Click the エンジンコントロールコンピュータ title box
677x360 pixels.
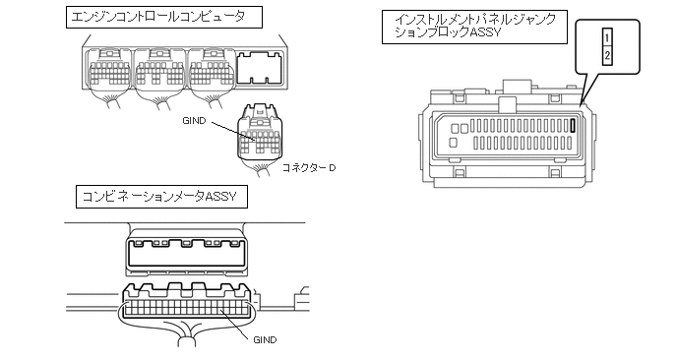point(164,18)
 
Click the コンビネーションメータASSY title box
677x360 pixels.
point(161,197)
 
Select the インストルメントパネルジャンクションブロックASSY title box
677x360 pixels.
point(474,27)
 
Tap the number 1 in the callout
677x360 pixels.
point(607,37)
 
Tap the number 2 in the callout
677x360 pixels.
point(607,55)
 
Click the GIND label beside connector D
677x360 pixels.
point(194,121)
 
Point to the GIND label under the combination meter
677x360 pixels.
point(265,340)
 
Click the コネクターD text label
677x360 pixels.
point(308,168)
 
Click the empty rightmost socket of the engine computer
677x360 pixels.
point(260,67)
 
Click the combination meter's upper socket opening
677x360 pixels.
point(186,253)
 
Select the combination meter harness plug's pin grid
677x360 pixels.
point(187,308)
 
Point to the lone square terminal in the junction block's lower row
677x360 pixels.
point(454,143)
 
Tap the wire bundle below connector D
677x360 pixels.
point(260,169)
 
